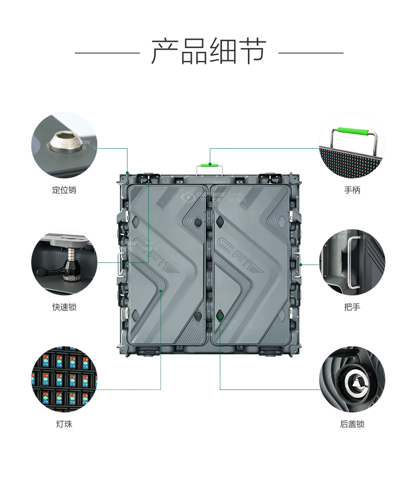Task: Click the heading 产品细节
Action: coord(209,52)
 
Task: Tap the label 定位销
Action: coord(64,190)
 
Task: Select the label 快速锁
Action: coord(64,307)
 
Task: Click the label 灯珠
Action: coord(64,424)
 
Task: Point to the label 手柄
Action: coord(352,190)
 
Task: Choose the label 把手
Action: coord(352,307)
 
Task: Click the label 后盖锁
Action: coord(352,424)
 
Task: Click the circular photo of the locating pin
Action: coord(64,145)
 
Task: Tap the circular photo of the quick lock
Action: coord(64,262)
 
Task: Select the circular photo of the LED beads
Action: coord(64,379)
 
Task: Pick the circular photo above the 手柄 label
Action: coord(352,145)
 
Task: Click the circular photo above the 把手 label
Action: coord(352,262)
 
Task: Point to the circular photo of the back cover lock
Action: coord(352,379)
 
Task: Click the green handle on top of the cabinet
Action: coord(210,165)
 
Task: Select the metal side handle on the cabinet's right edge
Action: coord(298,265)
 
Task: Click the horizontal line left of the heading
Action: coord(107,53)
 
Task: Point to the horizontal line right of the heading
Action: coord(311,53)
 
